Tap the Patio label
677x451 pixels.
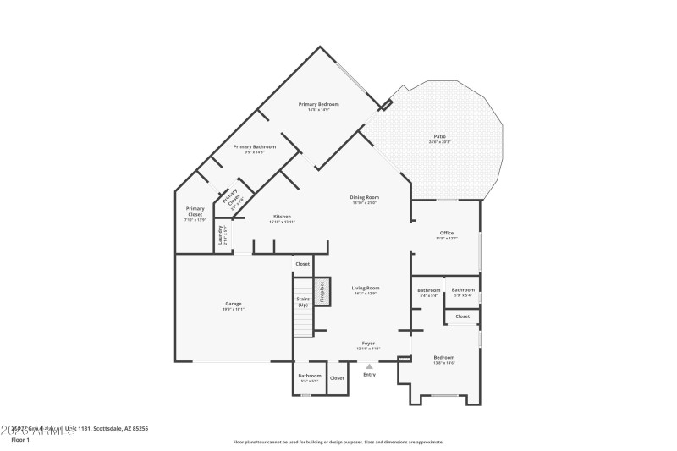(439, 136)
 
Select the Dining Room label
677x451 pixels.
(365, 197)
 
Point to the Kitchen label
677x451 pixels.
(282, 216)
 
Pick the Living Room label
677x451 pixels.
(366, 288)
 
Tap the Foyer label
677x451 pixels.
(368, 343)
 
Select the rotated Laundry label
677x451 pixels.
(221, 234)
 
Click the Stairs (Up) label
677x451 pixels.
(303, 301)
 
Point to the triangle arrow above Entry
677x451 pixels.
(369, 366)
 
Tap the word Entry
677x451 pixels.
(369, 375)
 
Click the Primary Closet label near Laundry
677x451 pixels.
(195, 212)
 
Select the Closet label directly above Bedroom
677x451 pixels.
(462, 316)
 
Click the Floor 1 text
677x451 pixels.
(20, 440)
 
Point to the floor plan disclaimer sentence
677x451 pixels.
(338, 441)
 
